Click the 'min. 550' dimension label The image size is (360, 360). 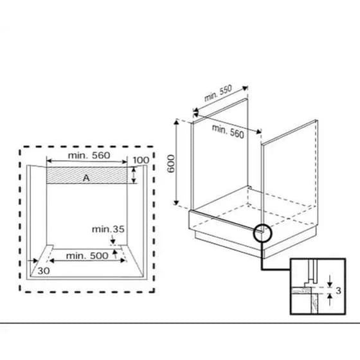click(218, 93)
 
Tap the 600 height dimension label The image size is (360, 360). click(171, 164)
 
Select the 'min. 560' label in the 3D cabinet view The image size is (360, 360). click(228, 132)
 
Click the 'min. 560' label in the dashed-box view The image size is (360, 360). click(89, 156)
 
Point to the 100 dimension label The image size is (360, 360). click(141, 160)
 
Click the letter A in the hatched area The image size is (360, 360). click(86, 178)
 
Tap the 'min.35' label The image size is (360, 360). click(108, 229)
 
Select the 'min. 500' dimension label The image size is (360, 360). click(87, 256)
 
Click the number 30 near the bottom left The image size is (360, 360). click(44, 271)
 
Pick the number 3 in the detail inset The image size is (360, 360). click(338, 291)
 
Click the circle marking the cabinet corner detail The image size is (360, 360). click(263, 233)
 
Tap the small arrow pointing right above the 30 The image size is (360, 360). click(33, 260)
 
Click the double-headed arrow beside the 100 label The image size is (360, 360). click(134, 175)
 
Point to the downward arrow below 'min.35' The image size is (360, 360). click(113, 239)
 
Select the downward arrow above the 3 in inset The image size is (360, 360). click(330, 280)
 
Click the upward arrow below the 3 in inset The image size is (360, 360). click(330, 300)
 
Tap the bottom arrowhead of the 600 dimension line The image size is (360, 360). click(176, 203)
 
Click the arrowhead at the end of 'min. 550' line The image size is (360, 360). click(246, 88)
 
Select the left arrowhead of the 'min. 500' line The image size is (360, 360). click(51, 260)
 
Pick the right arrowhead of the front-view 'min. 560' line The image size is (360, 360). click(125, 161)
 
